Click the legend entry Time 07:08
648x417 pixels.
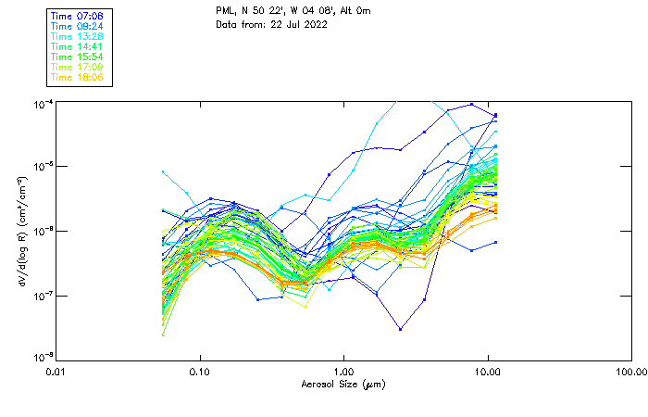pyautogui.click(x=78, y=16)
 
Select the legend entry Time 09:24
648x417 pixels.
pyautogui.click(x=78, y=26)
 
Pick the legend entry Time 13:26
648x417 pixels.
pyautogui.click(x=78, y=36)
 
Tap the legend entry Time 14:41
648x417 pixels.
pyautogui.click(x=78, y=46)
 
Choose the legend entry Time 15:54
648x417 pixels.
pyautogui.click(x=78, y=57)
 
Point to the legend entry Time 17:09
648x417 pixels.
pyautogui.click(x=78, y=67)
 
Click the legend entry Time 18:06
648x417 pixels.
pyautogui.click(x=78, y=77)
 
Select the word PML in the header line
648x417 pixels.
pyautogui.click(x=225, y=11)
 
